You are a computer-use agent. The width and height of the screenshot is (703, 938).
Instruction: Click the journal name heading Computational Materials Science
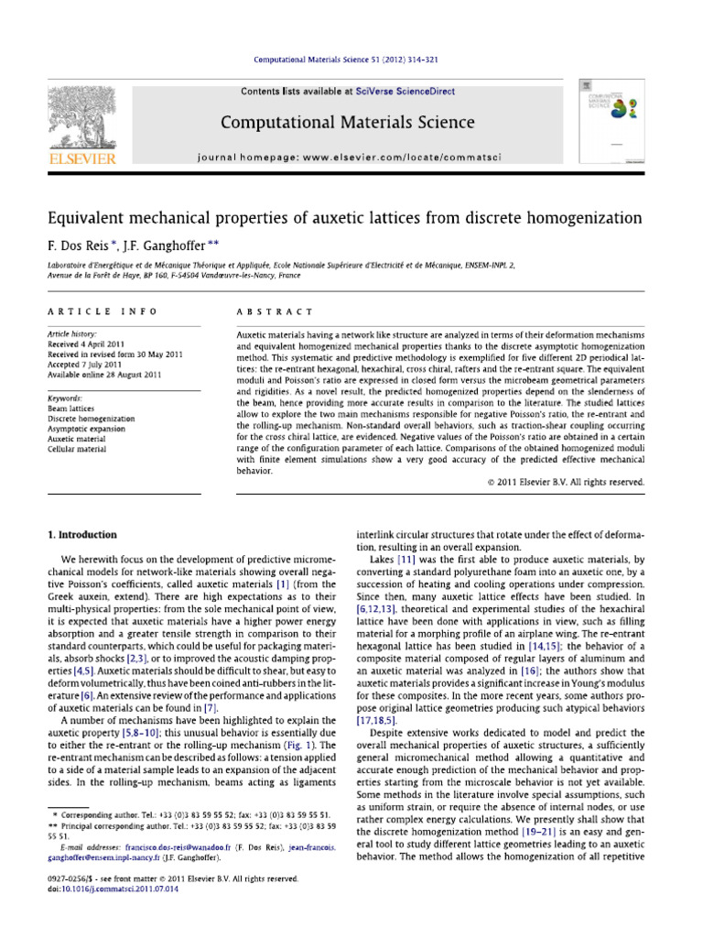345,122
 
